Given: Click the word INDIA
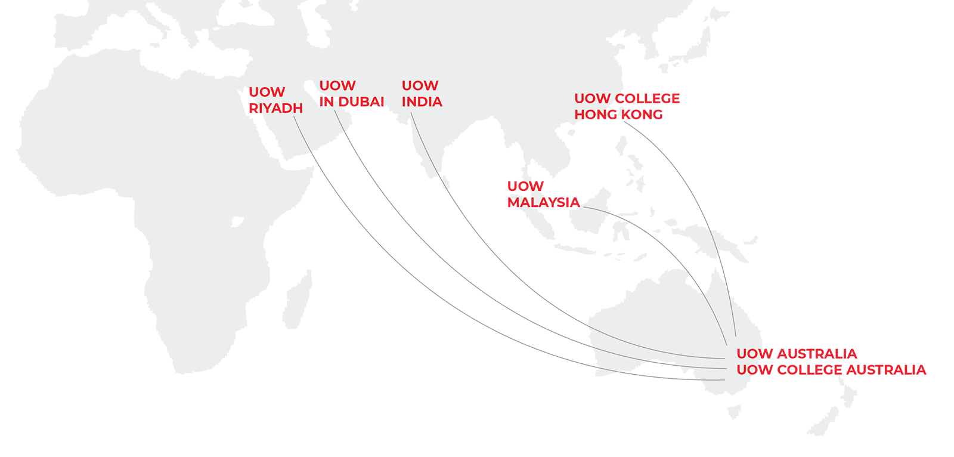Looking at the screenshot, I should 422,102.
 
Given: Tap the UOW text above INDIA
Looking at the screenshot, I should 420,86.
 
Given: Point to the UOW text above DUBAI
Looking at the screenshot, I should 337,86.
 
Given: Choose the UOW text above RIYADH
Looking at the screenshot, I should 268,92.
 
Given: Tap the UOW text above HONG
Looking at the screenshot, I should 592,98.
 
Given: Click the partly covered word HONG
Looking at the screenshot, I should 588,114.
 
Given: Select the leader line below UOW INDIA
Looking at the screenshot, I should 425,143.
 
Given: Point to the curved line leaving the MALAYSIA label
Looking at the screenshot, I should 596,209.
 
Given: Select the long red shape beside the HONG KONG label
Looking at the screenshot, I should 698,110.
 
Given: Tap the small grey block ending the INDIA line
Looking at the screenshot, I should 439,178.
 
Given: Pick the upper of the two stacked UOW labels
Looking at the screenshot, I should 749,354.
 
